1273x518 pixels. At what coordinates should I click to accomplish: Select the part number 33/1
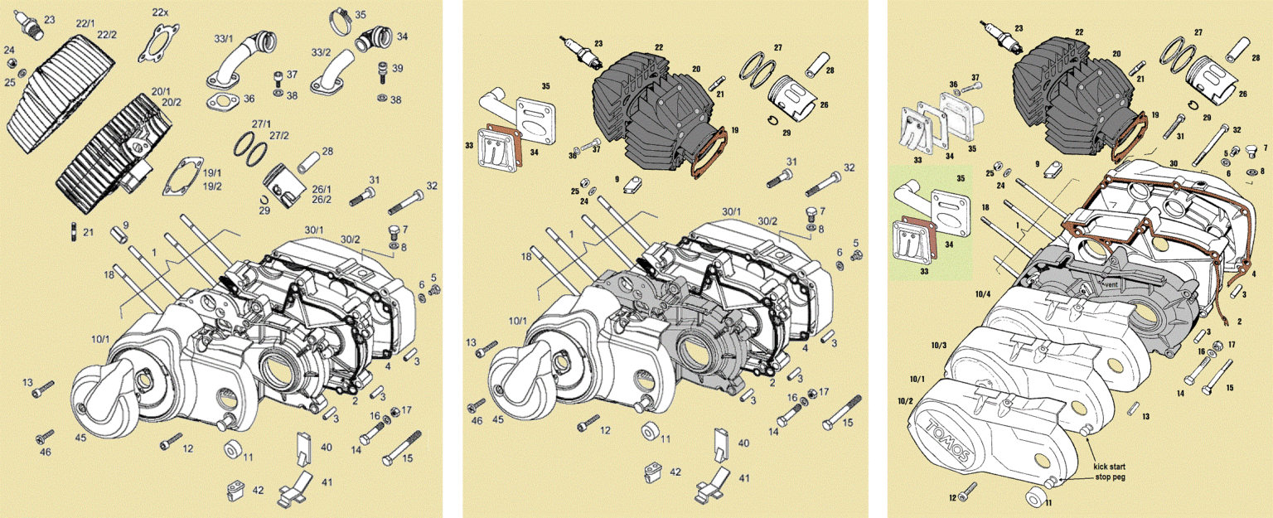224,38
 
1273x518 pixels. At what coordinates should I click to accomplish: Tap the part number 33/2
321,52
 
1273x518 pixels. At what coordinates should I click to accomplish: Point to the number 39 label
398,68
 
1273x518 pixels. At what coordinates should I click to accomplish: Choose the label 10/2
905,401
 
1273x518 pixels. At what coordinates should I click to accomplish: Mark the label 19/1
212,172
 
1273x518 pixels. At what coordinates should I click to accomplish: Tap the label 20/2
172,102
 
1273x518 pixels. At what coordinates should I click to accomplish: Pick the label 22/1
85,22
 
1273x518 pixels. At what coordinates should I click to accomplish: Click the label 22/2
107,35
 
